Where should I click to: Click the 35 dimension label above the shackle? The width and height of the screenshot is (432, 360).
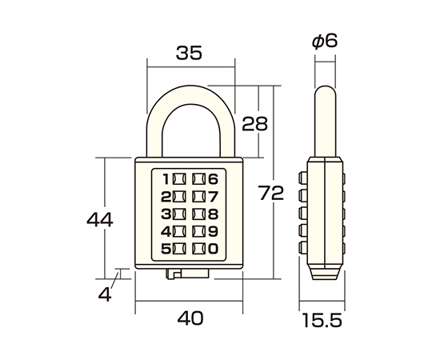[189, 53]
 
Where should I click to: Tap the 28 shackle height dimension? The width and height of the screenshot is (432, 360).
[254, 123]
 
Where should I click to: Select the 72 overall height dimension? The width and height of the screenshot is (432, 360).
[271, 193]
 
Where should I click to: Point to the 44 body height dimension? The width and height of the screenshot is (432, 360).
[100, 220]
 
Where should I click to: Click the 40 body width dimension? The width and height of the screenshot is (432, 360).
[190, 318]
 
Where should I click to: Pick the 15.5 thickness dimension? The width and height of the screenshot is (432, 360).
[322, 320]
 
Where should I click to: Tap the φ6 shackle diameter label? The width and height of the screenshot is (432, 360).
[325, 42]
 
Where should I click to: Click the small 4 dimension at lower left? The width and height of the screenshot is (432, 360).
[105, 294]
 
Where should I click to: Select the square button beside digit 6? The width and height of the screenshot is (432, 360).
[198, 179]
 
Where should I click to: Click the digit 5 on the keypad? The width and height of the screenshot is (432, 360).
[166, 249]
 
